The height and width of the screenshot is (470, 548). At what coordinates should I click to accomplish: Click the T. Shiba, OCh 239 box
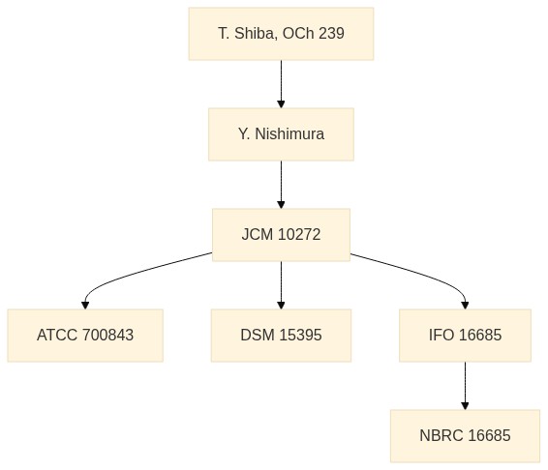(281, 34)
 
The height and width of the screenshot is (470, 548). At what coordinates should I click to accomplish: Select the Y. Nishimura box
(281, 134)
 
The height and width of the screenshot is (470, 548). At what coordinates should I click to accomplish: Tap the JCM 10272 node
(281, 235)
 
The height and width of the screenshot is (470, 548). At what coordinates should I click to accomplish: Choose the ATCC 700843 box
(85, 336)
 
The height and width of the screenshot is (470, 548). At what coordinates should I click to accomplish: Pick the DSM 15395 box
(281, 336)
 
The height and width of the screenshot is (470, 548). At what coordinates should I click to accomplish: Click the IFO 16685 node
(465, 336)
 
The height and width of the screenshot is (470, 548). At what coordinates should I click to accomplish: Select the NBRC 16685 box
(465, 436)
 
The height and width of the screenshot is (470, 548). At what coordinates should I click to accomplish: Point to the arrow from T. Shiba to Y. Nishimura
(281, 84)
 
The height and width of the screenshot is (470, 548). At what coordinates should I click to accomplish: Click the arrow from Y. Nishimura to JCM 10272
(281, 185)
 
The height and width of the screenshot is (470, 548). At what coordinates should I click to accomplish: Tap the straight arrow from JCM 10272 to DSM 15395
(281, 285)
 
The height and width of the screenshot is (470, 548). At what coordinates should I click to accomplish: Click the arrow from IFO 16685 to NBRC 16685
(465, 386)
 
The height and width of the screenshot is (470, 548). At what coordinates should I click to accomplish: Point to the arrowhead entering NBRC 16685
(465, 406)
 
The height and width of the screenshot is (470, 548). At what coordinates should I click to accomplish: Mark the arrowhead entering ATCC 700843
(85, 306)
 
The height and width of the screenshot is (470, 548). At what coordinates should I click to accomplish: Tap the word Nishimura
(289, 134)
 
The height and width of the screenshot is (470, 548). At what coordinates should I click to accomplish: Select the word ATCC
(56, 336)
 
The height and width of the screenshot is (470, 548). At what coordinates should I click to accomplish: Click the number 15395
(300, 336)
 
